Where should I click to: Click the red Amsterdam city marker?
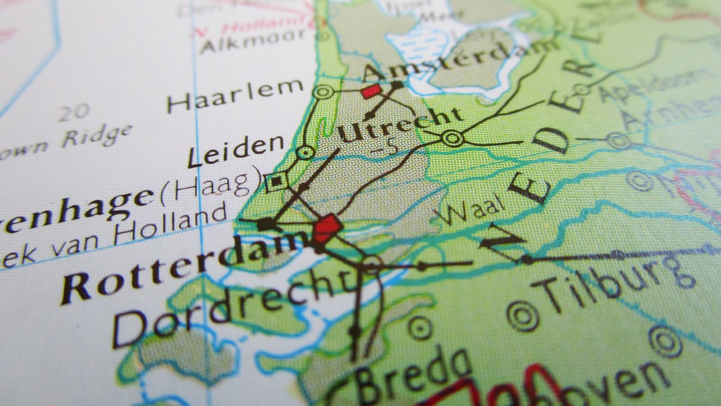pos(371,92)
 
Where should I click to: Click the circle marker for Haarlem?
pos(324,92)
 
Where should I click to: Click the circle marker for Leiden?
pos(306,152)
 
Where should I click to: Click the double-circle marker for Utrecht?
pos(452,138)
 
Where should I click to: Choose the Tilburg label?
pos(613,286)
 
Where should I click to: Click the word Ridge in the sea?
pos(96,136)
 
